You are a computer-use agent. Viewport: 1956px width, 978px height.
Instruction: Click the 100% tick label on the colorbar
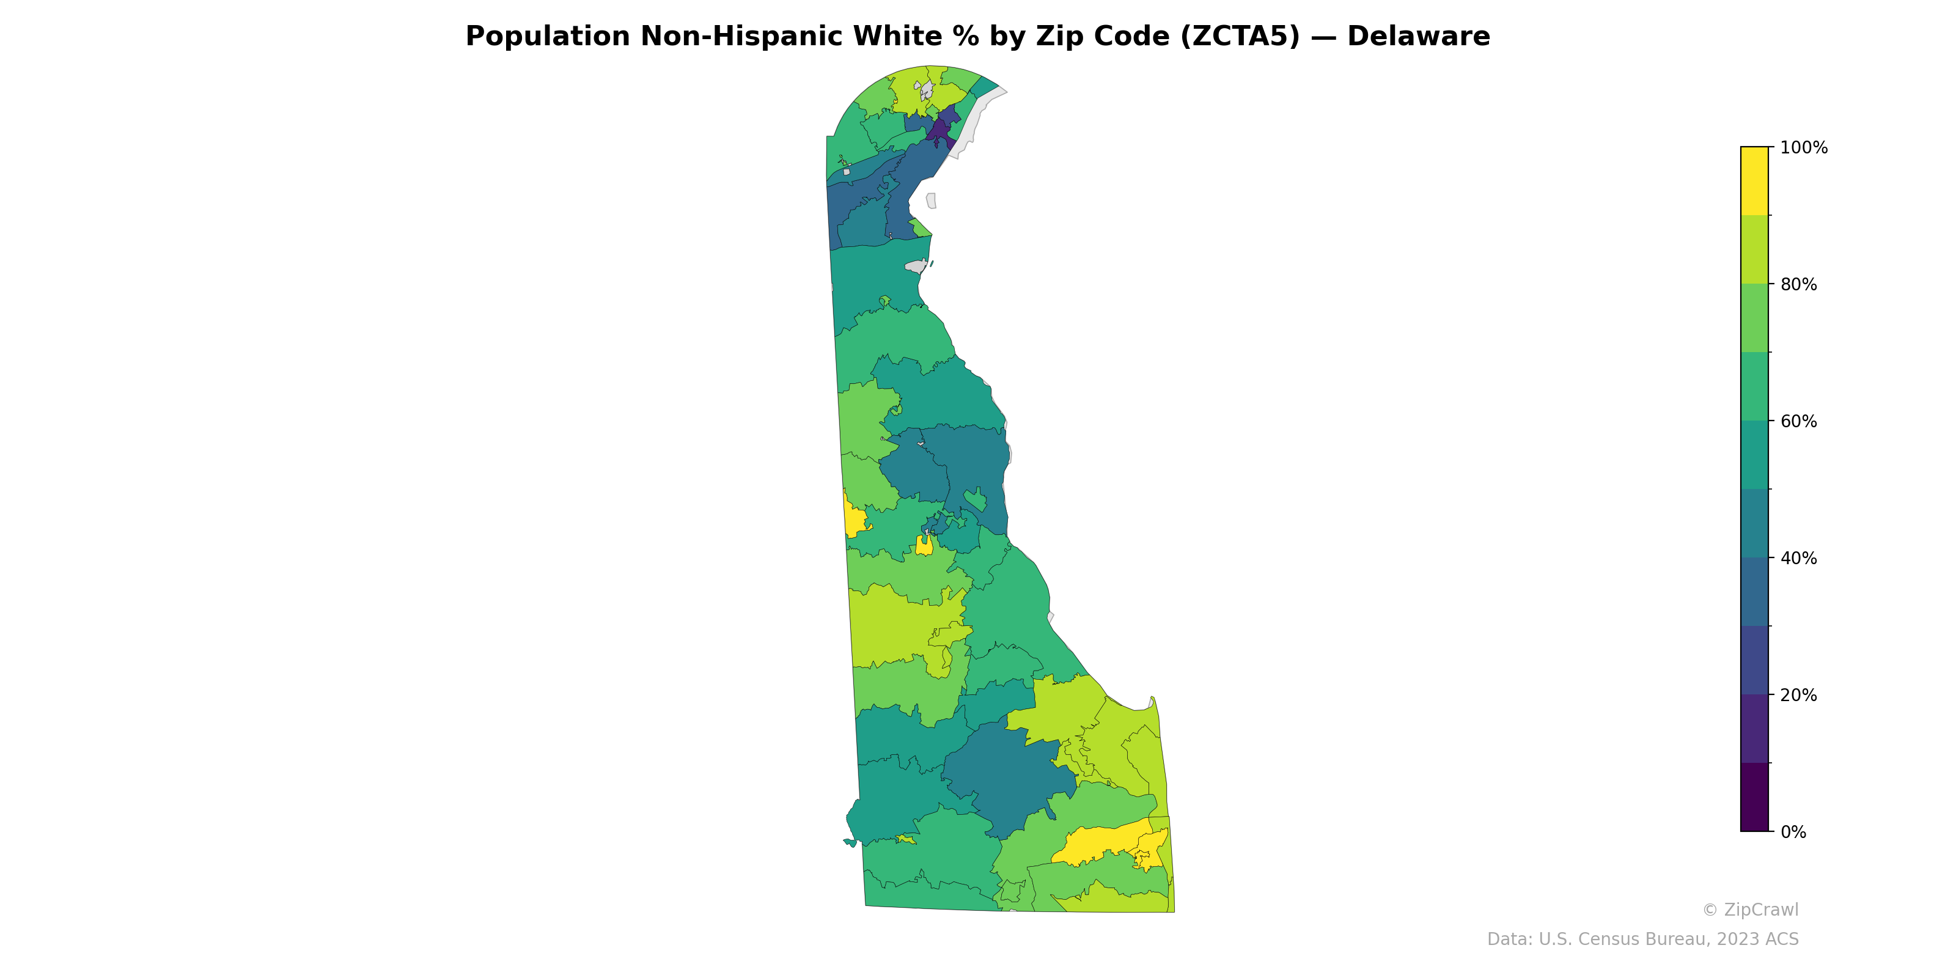1803,148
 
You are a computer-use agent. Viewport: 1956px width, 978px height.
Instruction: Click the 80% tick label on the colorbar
1798,285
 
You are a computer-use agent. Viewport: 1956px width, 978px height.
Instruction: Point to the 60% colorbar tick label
1798,421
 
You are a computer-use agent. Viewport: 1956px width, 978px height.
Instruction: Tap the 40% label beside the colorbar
1798,558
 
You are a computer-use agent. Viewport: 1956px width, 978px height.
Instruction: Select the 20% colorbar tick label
1798,695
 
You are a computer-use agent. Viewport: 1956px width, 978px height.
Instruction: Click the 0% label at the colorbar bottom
1793,832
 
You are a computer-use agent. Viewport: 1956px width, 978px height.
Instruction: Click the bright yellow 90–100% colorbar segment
1754,181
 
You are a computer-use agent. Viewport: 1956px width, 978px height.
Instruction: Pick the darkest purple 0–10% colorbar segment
1754,797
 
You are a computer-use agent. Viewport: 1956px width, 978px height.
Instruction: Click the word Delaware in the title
1418,37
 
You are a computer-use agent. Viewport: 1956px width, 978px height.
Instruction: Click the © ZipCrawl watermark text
1750,910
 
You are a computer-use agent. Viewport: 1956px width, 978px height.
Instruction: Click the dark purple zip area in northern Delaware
940,131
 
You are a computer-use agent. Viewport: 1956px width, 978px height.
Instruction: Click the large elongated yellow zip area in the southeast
1101,843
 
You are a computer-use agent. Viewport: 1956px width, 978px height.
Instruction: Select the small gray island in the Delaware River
931,200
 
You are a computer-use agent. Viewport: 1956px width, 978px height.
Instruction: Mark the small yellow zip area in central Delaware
924,545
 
